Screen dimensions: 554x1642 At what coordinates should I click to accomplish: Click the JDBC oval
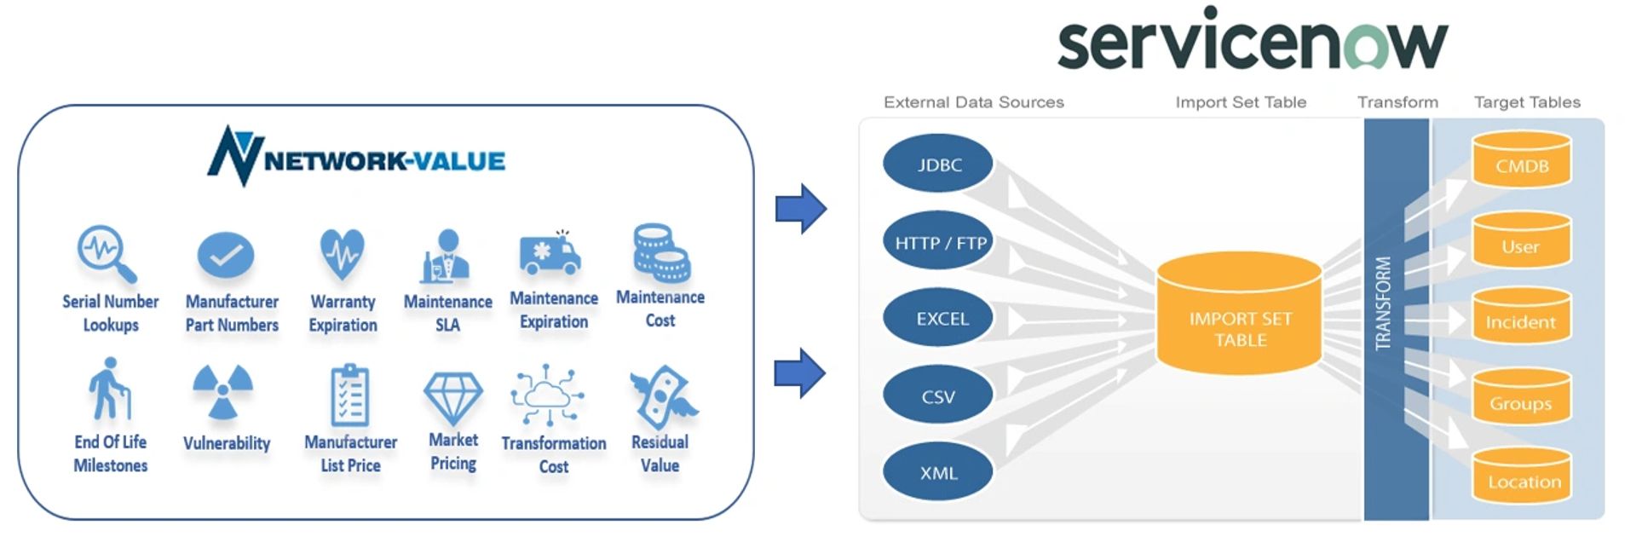pyautogui.click(x=938, y=164)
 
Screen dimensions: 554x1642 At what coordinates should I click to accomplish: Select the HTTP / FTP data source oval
pyautogui.click(x=938, y=243)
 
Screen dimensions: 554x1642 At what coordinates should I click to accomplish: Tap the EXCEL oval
pyautogui.click(x=938, y=319)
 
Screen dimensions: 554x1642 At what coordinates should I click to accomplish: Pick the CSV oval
pyautogui.click(x=938, y=396)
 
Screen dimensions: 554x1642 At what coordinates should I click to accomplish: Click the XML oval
pyautogui.click(x=938, y=473)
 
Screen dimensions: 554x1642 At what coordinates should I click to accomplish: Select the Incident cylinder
pyautogui.click(x=1521, y=317)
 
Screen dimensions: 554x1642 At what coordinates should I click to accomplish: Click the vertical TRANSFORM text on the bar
pyautogui.click(x=1383, y=303)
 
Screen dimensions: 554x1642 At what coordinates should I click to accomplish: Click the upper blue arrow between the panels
pyautogui.click(x=800, y=208)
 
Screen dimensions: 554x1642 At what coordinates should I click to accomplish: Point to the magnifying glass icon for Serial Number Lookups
pyautogui.click(x=107, y=253)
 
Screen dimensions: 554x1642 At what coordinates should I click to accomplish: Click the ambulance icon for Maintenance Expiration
pyautogui.click(x=550, y=254)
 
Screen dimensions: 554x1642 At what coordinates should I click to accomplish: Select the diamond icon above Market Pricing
pyautogui.click(x=452, y=397)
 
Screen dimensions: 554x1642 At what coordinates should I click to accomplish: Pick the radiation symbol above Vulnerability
pyautogui.click(x=222, y=391)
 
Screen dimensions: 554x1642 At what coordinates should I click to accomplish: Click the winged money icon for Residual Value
pyautogui.click(x=662, y=397)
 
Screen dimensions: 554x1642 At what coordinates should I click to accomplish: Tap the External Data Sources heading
pyautogui.click(x=973, y=102)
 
